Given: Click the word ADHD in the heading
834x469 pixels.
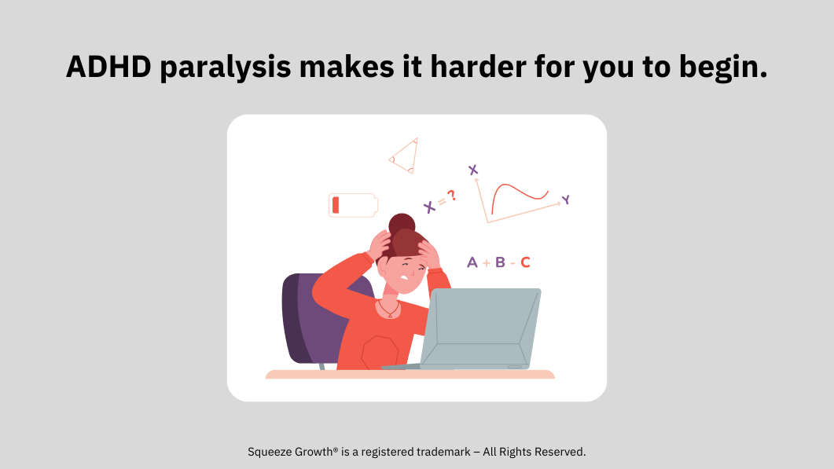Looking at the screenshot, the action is coord(109,67).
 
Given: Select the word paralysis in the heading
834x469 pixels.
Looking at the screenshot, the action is coord(226,68).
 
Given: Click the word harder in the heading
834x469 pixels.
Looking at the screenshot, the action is coord(478,67).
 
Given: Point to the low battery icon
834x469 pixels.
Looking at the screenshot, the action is coord(353,205).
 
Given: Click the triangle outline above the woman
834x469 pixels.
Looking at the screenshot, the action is coord(405,156).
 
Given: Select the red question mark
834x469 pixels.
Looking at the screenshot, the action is coord(451,196).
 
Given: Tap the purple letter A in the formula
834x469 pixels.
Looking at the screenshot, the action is coord(472,262).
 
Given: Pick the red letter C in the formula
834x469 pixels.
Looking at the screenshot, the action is coord(526,262).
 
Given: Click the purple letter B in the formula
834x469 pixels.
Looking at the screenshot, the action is coord(500,262).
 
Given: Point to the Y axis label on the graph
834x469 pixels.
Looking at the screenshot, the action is coord(566,200).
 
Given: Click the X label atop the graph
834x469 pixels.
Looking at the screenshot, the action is coord(473,170).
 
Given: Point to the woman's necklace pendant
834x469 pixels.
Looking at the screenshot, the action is coord(390,316).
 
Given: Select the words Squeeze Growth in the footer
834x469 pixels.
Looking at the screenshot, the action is coord(290,452).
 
